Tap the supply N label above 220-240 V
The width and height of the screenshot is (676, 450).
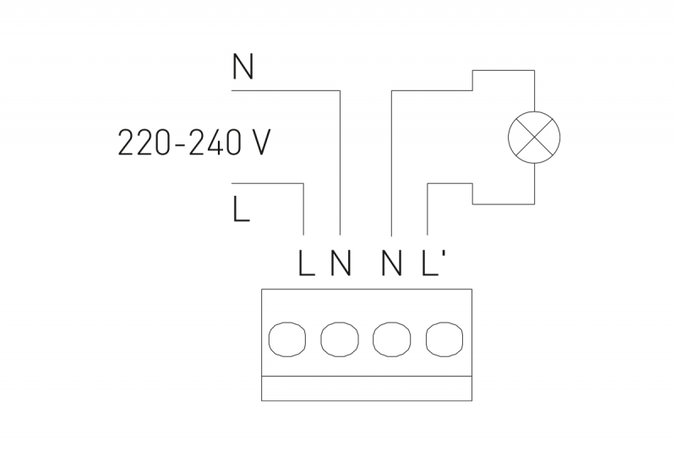[243, 68]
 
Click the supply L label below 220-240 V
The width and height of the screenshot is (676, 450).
[242, 209]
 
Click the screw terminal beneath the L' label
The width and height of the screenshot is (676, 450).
[444, 339]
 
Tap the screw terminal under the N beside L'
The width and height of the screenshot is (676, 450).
[391, 339]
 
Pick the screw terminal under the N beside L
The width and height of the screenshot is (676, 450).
[339, 339]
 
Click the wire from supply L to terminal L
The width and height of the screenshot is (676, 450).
[303, 207]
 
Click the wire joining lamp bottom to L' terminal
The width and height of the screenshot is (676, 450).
[429, 207]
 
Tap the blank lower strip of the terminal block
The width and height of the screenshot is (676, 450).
[368, 388]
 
